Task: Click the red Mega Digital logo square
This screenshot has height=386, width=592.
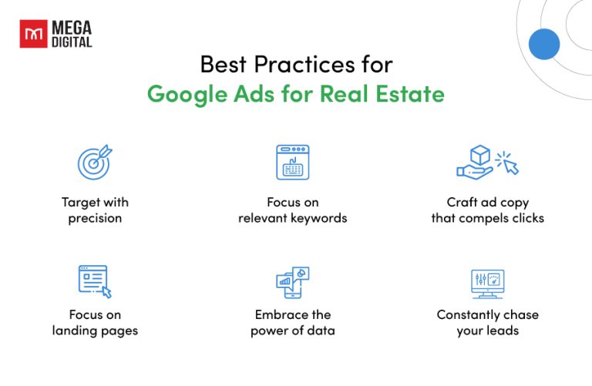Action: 32,34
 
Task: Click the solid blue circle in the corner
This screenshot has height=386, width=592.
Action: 544,44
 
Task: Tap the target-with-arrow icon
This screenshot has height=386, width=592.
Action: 95,163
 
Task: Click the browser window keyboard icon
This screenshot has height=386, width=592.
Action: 292,162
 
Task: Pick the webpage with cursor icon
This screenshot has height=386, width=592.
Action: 95,281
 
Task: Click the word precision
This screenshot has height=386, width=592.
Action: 95,218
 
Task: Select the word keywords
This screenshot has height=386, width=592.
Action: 321,218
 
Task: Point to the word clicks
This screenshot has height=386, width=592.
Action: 526,218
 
